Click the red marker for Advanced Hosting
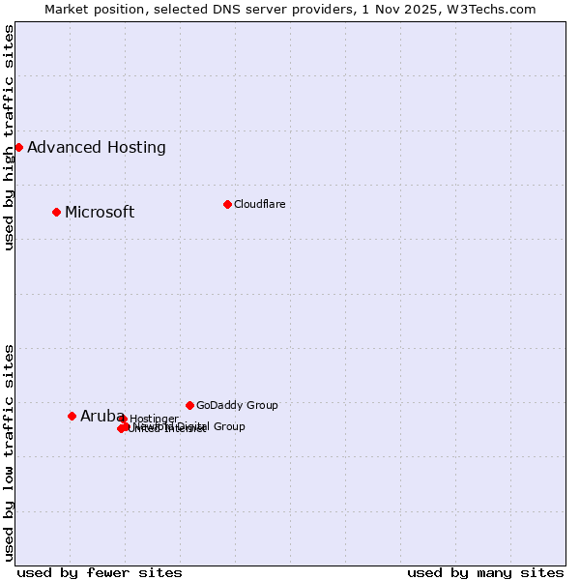[x=18, y=147]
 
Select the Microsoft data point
[x=56, y=212]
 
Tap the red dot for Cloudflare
[x=227, y=204]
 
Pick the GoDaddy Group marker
[x=189, y=405]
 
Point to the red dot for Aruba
[x=72, y=416]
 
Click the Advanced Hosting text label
[x=97, y=148]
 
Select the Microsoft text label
[x=100, y=213]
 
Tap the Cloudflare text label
[x=260, y=205]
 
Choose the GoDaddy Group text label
[x=237, y=406]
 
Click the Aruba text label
[x=96, y=417]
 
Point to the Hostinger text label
[x=154, y=419]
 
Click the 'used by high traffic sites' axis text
[x=9, y=137]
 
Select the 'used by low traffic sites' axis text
[x=9, y=451]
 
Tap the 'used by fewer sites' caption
[x=100, y=572]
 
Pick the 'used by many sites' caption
[x=485, y=572]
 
